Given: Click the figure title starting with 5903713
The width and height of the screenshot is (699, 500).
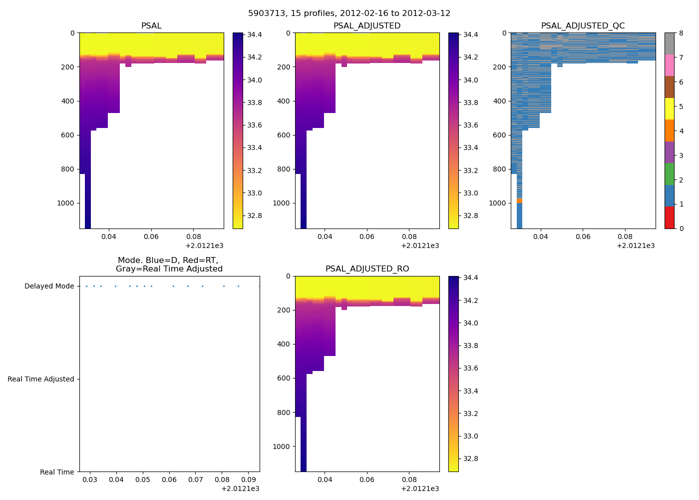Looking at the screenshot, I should (349, 13).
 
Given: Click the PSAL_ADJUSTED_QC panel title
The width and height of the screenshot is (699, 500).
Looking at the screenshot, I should (583, 26).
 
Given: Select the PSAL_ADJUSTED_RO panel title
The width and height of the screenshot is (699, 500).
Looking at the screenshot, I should (367, 269).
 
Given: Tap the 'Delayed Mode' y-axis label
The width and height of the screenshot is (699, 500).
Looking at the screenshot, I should (49, 286).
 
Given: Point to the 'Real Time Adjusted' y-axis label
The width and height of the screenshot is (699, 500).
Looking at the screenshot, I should (41, 379).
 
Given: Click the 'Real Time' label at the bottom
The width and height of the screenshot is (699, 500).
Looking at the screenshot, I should (57, 472).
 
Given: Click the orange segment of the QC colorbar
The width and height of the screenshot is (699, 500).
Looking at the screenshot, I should (669, 130).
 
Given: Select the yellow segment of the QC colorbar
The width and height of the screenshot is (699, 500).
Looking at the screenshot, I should (669, 108).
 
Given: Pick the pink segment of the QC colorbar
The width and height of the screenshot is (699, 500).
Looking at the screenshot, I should (669, 65).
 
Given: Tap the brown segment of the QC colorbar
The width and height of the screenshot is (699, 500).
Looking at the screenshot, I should (669, 87).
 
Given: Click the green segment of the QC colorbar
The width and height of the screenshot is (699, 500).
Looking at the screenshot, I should (669, 174).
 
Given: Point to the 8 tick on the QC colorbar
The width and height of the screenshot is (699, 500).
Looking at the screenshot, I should (681, 33).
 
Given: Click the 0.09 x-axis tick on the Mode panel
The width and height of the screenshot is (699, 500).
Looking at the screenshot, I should (249, 480).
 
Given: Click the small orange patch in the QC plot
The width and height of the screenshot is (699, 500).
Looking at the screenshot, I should (519, 200).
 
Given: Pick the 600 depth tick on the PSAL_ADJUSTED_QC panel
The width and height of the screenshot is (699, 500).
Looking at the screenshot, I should (500, 135).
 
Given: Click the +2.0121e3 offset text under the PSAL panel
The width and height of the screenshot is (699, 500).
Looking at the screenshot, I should (204, 245).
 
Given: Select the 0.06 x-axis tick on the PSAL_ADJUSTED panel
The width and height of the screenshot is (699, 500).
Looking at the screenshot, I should (367, 236).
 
